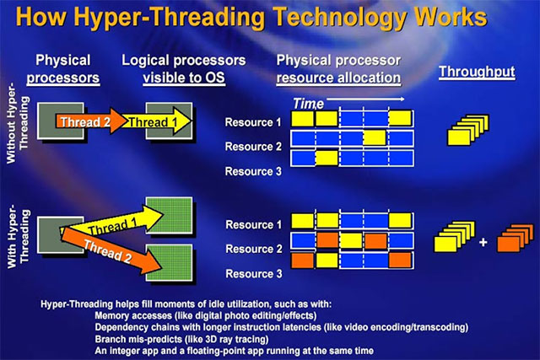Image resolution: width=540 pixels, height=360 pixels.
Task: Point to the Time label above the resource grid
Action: pos(310,102)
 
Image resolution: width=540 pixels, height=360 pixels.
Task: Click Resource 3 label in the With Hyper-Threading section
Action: pos(253,274)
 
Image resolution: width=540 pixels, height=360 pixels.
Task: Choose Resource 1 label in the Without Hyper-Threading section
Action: pos(253,122)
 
